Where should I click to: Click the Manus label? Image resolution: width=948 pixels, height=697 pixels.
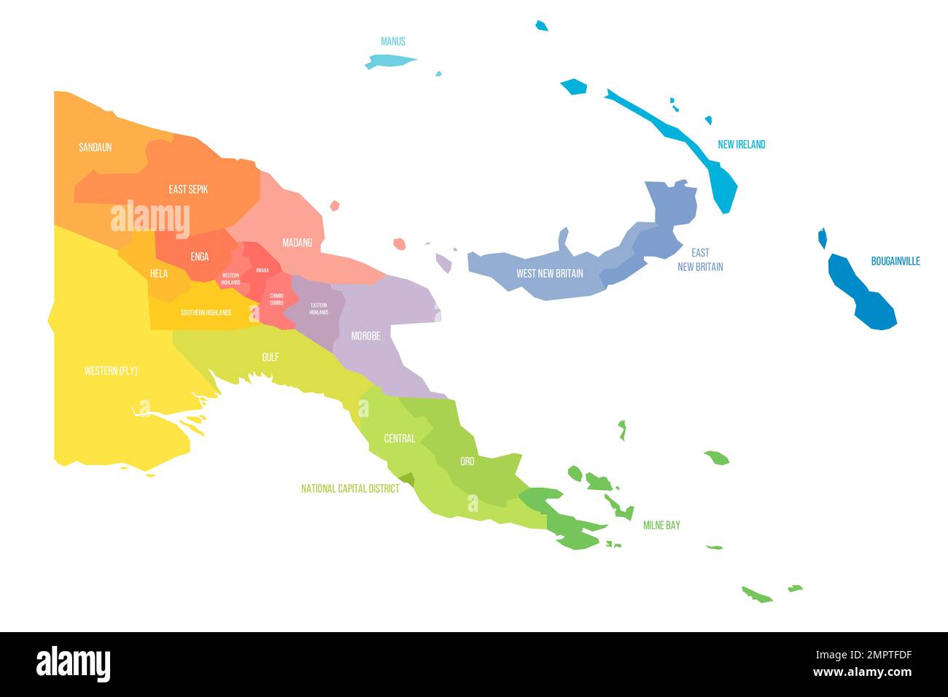click(393, 42)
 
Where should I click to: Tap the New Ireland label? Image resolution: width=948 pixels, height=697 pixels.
click(741, 144)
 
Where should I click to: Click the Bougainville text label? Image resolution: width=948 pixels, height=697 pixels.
click(895, 261)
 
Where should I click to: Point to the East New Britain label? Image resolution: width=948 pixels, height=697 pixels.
click(700, 260)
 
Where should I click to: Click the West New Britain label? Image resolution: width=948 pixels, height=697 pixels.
click(549, 273)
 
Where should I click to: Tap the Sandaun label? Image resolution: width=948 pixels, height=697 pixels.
click(96, 147)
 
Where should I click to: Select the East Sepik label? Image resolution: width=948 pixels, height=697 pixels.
click(188, 190)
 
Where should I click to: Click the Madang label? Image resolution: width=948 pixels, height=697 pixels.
click(297, 243)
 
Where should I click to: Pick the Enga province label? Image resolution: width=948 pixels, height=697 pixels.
click(199, 257)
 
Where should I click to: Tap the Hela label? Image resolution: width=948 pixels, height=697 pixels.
click(159, 274)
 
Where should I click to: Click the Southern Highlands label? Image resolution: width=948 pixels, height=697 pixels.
click(206, 313)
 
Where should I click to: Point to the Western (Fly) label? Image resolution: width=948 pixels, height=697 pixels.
click(111, 371)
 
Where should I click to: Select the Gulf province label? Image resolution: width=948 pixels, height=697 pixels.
click(270, 357)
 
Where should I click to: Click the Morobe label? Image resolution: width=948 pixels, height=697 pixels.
click(365, 336)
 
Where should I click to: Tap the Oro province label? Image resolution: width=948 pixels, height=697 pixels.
click(467, 462)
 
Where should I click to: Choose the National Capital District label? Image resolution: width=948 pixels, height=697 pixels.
click(350, 488)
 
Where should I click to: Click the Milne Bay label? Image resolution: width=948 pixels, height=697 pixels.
click(661, 525)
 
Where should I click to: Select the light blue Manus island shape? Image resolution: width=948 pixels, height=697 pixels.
click(388, 61)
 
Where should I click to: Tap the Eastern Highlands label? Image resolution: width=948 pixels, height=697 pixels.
click(319, 308)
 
